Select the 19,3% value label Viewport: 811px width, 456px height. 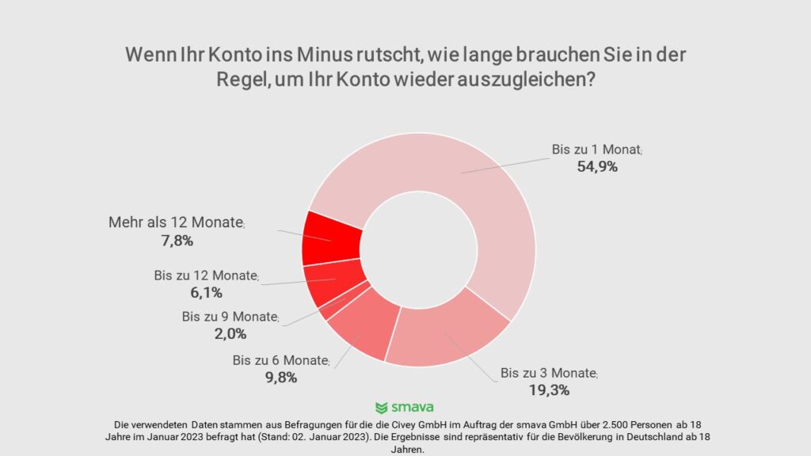coord(549,390)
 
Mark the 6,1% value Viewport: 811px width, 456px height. coord(204,293)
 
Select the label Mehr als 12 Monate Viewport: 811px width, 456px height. coord(175,222)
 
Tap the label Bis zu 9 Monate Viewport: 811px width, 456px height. coord(229,317)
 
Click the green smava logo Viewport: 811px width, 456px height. coord(405,408)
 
